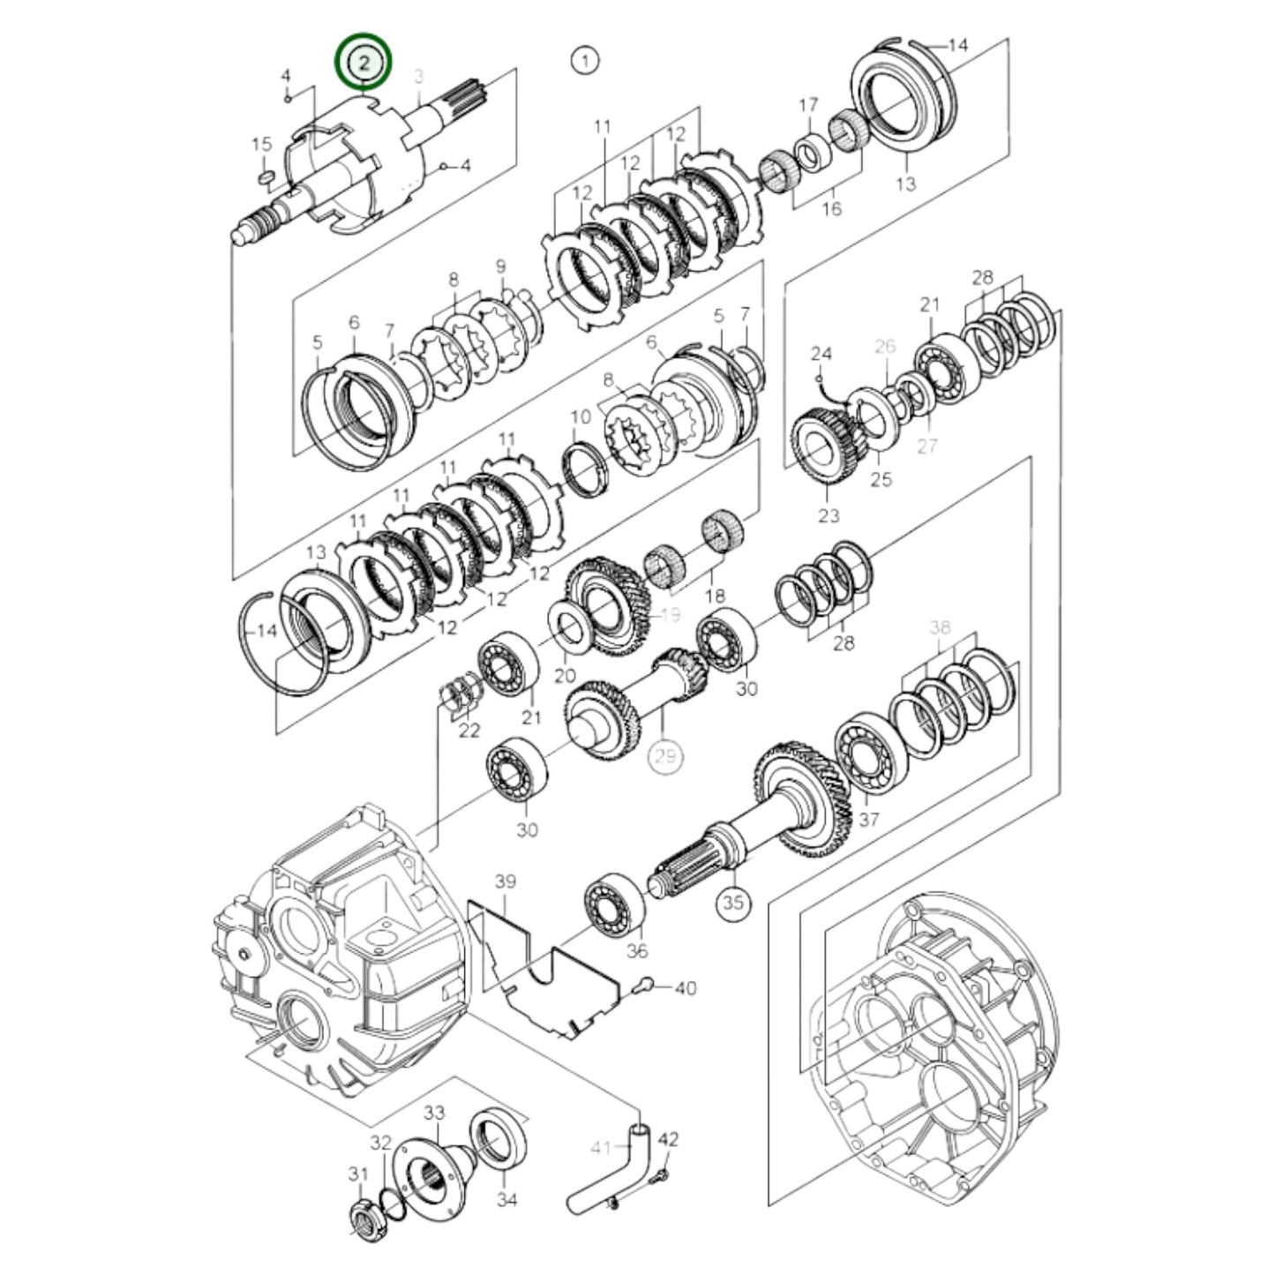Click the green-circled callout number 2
tap(363, 62)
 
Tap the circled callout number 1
tap(584, 61)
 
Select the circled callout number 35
tap(734, 903)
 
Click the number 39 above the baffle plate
tap(505, 881)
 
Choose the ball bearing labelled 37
tap(868, 758)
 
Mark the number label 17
tap(809, 107)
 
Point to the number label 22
tap(469, 731)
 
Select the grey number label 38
tap(940, 627)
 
